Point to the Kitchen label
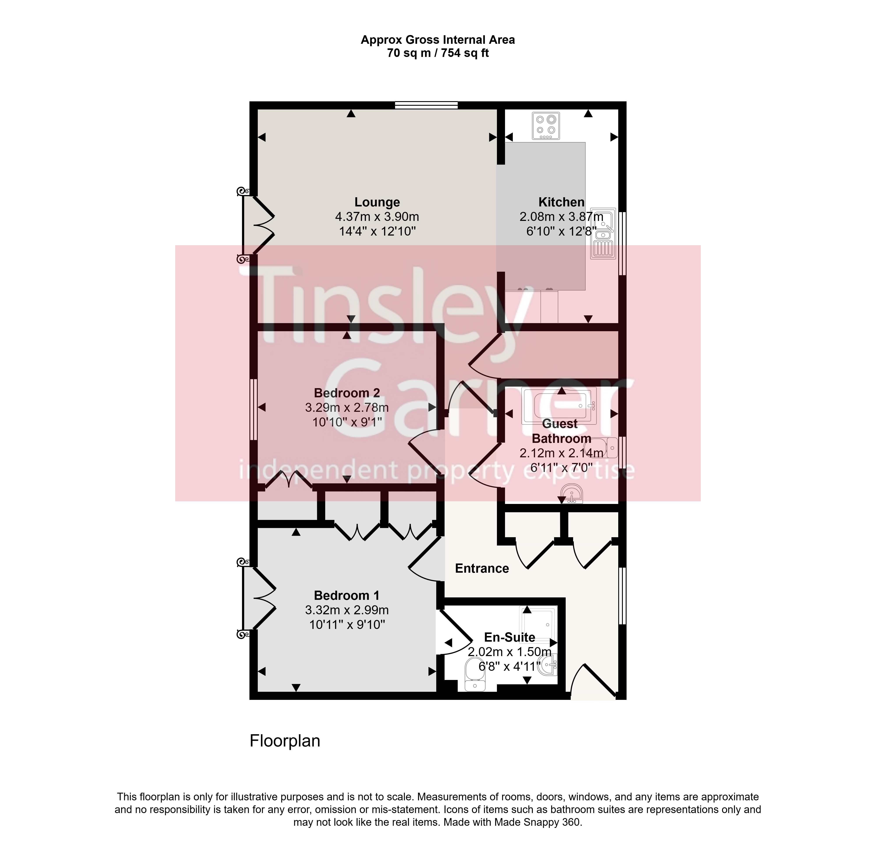click(x=561, y=202)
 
